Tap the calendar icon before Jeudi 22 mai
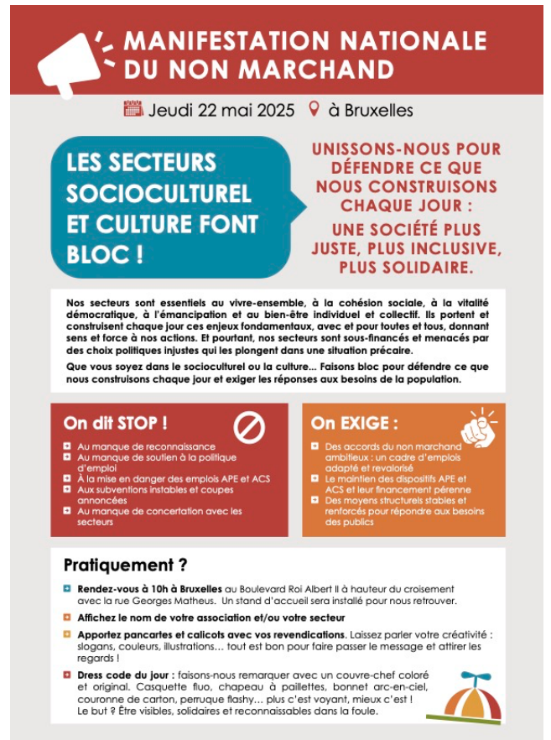(x=133, y=109)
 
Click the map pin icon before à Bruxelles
(x=315, y=109)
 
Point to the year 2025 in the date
(x=273, y=110)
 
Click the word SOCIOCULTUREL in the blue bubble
(x=159, y=192)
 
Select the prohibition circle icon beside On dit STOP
(x=249, y=428)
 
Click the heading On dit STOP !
(x=115, y=423)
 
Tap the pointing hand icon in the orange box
(x=481, y=426)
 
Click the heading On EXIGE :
(x=355, y=423)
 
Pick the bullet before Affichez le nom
(x=67, y=618)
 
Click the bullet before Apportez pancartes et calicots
(x=67, y=633)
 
